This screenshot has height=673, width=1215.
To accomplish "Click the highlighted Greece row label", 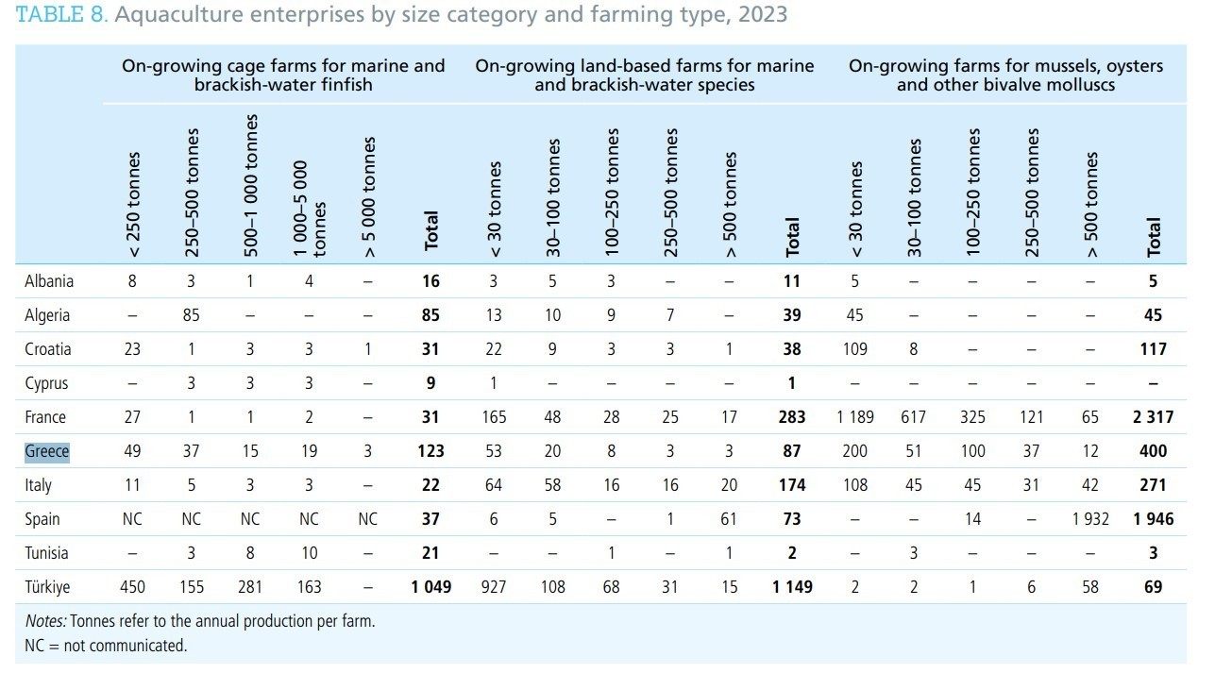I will pyautogui.click(x=47, y=451).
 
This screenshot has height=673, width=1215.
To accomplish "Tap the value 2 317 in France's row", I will pyautogui.click(x=1153, y=417).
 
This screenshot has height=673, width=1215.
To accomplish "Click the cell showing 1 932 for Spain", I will pyautogui.click(x=1090, y=519).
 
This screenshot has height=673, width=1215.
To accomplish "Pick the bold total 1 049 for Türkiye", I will pyautogui.click(x=430, y=587).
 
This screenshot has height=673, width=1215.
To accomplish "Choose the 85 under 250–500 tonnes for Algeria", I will pyautogui.click(x=191, y=315).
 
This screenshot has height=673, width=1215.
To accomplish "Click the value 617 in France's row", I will pyautogui.click(x=913, y=417).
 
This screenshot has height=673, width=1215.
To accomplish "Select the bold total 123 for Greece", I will pyautogui.click(x=430, y=451).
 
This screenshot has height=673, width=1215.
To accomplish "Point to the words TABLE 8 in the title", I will pyautogui.click(x=60, y=15).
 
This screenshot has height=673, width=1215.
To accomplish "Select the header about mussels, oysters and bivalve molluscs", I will pyautogui.click(x=1005, y=76).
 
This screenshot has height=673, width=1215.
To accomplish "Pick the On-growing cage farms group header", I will pyautogui.click(x=283, y=76).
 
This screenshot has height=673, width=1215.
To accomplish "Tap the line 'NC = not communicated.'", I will pyautogui.click(x=106, y=646).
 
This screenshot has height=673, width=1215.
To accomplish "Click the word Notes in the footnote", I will pyautogui.click(x=45, y=622).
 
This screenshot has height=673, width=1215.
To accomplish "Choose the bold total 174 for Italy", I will pyautogui.click(x=792, y=485).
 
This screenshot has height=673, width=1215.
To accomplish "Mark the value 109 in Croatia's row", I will pyautogui.click(x=854, y=349).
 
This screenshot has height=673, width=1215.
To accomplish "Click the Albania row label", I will pyautogui.click(x=49, y=281).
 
